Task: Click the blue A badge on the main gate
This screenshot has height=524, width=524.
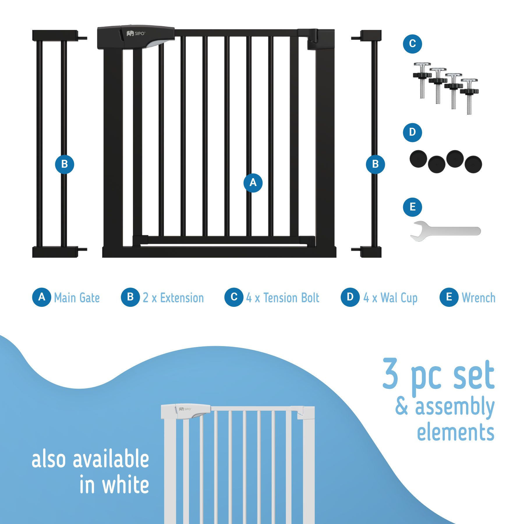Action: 253,183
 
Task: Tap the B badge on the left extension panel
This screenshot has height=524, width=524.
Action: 64,164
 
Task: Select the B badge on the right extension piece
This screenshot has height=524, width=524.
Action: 375,164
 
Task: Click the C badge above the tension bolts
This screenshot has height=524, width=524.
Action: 412,44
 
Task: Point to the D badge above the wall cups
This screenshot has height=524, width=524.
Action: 412,132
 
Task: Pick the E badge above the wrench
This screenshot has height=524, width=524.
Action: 412,207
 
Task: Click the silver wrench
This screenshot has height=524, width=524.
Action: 445,231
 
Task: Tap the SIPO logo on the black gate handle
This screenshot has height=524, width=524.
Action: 136,33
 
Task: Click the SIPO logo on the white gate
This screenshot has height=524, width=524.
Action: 185,409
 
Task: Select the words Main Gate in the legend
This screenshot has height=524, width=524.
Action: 77,298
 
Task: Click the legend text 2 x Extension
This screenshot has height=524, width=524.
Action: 173,298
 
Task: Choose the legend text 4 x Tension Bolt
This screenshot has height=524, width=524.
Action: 283,298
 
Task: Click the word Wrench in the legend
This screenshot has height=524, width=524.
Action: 479,298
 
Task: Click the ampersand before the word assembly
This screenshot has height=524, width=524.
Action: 401,406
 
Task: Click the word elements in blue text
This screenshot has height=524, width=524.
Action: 456,431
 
